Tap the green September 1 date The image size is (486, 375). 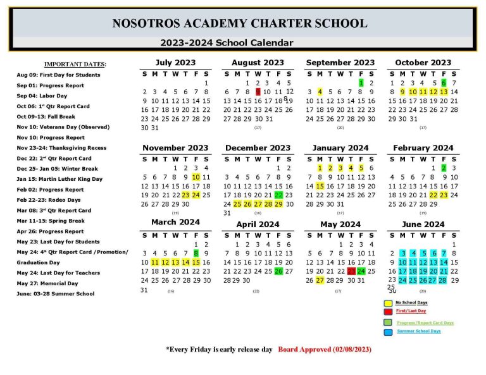click(x=361, y=83)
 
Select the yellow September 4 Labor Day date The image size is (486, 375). click(x=320, y=92)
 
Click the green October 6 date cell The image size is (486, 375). click(x=444, y=83)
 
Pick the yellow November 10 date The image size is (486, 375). click(x=196, y=177)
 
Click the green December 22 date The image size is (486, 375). click(x=278, y=195)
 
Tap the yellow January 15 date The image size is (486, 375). click(x=320, y=187)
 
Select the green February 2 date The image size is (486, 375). click(x=444, y=168)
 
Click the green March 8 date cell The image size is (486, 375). click(x=196, y=253)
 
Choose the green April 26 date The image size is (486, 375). click(x=278, y=271)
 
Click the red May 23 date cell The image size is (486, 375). click(x=351, y=271)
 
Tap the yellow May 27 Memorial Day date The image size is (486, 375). click(x=320, y=280)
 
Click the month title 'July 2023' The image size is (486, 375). click(x=175, y=63)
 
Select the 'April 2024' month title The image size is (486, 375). click(x=258, y=224)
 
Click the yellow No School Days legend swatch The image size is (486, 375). click(x=387, y=303)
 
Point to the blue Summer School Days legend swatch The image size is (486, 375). click(x=387, y=331)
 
